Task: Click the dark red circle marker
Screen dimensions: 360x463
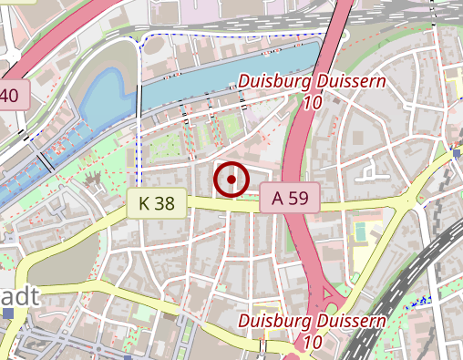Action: (231, 180)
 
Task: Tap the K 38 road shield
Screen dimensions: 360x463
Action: (157, 202)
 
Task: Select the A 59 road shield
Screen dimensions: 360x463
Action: (290, 198)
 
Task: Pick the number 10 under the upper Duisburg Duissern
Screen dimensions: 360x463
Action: (312, 102)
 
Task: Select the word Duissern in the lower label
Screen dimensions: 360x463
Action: (350, 321)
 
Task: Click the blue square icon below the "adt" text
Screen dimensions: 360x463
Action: (8, 314)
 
